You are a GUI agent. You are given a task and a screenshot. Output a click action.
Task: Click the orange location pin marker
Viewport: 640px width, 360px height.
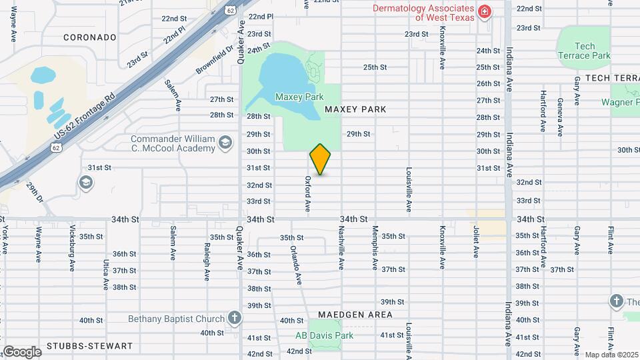(321, 159)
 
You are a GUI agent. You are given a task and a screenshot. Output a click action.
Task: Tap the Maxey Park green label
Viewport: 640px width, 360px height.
(299, 97)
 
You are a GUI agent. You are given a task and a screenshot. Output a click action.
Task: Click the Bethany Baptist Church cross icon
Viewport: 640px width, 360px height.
(234, 317)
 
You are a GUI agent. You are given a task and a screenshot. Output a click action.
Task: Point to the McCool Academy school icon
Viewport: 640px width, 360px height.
(225, 143)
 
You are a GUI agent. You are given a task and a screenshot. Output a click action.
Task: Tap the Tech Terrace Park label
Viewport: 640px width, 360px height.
(585, 51)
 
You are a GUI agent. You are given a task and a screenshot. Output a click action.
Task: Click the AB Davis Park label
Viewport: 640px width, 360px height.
(325, 336)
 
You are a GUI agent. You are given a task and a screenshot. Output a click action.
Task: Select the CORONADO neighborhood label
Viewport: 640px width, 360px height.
(90, 37)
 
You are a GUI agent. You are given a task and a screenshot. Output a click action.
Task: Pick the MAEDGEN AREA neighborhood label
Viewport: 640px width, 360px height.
(355, 314)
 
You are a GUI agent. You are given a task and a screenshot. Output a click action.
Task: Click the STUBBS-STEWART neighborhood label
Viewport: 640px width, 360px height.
(90, 347)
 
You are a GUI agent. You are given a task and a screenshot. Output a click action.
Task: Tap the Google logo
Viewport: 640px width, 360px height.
(21, 351)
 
